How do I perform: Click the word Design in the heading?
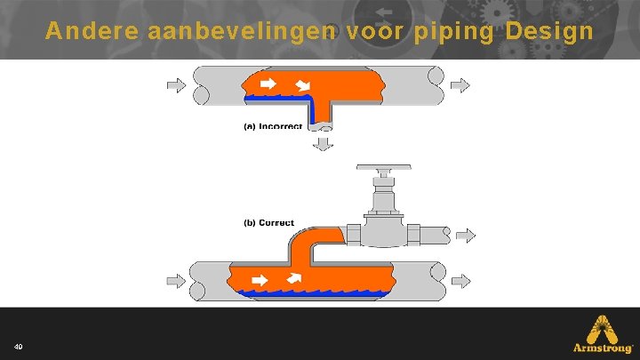coord(548,32)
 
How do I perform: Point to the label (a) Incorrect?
coord(274,126)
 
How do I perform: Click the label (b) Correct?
coord(269,222)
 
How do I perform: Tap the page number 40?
coord(19,345)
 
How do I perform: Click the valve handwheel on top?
coord(383,167)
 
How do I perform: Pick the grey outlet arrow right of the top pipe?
coord(461,85)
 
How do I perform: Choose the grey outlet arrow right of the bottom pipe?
coord(461,281)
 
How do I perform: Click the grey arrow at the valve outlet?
coord(466,236)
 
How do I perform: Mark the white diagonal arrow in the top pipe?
coord(304,85)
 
